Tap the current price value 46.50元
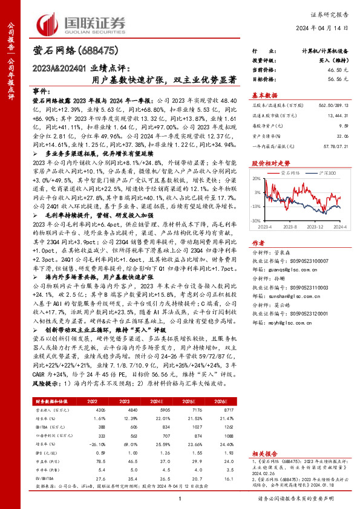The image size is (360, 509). [x=338, y=71]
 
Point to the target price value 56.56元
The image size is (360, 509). [x=338, y=79]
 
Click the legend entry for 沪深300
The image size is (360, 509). [x=324, y=172]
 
